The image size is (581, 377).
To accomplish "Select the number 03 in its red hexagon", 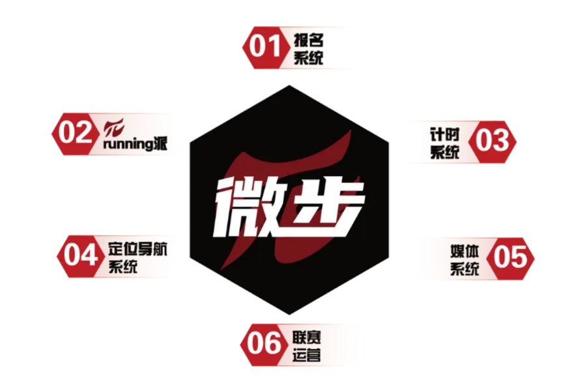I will (492, 140).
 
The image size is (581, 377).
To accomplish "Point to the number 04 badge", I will (81, 255).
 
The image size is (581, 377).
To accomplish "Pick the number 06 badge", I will (264, 344).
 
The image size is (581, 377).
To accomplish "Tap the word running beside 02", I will (127, 144).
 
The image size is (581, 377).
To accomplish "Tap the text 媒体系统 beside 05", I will (464, 259).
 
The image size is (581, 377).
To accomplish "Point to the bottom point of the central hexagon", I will (289, 318).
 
